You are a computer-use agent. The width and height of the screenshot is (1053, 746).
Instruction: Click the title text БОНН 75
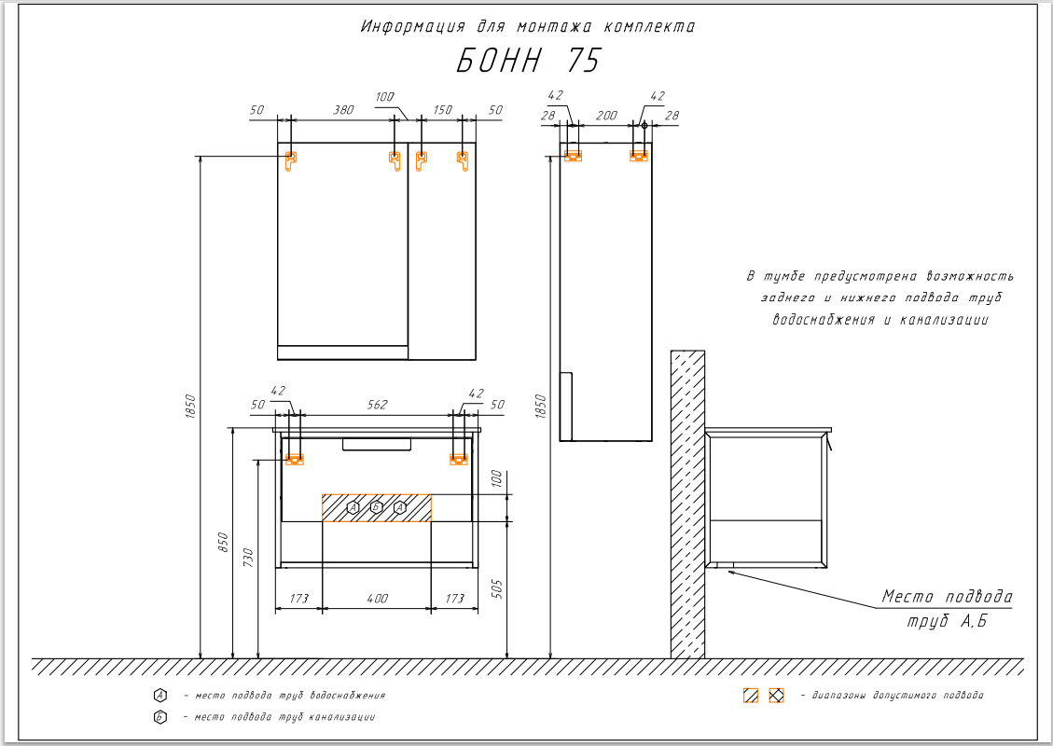[x=528, y=62]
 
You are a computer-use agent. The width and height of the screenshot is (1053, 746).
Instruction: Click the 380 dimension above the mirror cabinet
[x=343, y=110]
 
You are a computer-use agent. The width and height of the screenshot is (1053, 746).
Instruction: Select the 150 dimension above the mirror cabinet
[x=442, y=110]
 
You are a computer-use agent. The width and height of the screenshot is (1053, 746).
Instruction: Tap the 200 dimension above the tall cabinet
[x=606, y=115]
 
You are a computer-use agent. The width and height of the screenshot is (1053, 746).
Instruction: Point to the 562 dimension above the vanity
[x=376, y=405]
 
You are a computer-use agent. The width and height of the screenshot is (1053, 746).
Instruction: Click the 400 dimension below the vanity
[x=376, y=598]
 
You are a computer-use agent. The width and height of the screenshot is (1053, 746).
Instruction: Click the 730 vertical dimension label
[x=248, y=558]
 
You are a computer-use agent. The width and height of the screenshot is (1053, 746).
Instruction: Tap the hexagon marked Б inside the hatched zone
[x=376, y=507]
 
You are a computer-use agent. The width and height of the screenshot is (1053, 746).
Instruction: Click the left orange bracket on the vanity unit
[x=295, y=459]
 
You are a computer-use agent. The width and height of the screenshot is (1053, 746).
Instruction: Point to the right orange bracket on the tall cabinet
[x=639, y=156]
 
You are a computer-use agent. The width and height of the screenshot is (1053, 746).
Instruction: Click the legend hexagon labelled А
[x=160, y=696]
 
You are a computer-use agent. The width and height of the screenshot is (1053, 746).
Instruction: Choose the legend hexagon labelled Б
[x=160, y=717]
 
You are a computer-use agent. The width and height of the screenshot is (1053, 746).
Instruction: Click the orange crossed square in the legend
[x=776, y=696]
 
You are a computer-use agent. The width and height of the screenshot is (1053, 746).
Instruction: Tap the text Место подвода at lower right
[x=947, y=597]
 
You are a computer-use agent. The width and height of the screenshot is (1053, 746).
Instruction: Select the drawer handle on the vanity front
[x=376, y=444]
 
